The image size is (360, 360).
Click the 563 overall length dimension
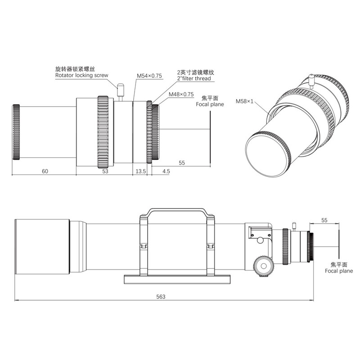[161, 297]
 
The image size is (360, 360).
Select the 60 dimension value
[45, 171]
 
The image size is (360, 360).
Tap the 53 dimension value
[105, 171]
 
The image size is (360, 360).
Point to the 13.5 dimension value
[141, 171]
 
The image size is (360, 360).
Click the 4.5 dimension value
[166, 171]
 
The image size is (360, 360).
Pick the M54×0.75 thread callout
[149, 76]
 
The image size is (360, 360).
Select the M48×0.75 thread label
[180, 94]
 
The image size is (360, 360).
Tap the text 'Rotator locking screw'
[81, 76]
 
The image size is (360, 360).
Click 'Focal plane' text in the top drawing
[210, 104]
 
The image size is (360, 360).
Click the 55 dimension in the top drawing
[182, 163]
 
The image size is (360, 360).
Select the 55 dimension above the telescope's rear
[324, 220]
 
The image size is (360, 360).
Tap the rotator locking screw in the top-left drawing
[120, 90]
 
